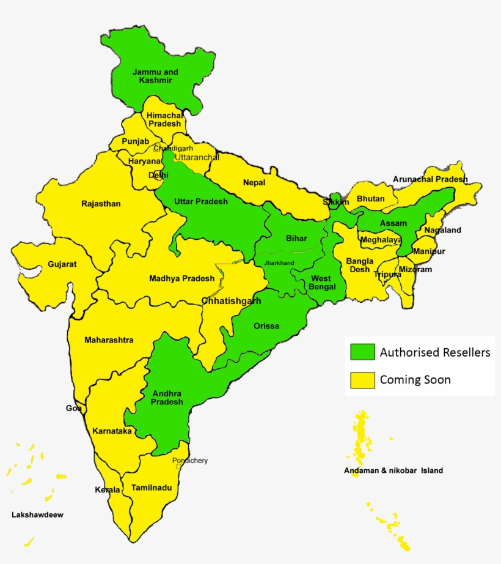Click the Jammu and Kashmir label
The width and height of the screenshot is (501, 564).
pyautogui.click(x=156, y=76)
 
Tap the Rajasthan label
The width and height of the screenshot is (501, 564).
pyautogui.click(x=101, y=204)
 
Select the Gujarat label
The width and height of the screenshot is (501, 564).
pyautogui.click(x=62, y=264)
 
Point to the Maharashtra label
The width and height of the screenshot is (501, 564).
pyautogui.click(x=109, y=340)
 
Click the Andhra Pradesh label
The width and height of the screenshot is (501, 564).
pyautogui.click(x=167, y=398)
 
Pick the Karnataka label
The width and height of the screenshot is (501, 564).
pyautogui.click(x=112, y=431)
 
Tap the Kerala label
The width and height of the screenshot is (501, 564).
pyautogui.click(x=108, y=490)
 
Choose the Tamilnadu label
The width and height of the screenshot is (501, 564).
pyautogui.click(x=152, y=488)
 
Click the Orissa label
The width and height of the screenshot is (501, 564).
pyautogui.click(x=266, y=326)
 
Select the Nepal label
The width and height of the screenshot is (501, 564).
pyautogui.click(x=254, y=182)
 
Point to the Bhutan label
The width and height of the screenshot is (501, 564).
pyautogui.click(x=371, y=199)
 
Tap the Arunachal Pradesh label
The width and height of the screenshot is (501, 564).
pyautogui.click(x=430, y=179)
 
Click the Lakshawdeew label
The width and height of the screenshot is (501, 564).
pyautogui.click(x=37, y=514)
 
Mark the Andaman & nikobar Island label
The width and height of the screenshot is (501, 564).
pyautogui.click(x=393, y=470)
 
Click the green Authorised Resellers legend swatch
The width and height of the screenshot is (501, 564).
pyautogui.click(x=362, y=352)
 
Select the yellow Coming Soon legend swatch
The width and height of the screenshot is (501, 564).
pyautogui.click(x=362, y=380)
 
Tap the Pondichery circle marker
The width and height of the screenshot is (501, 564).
pyautogui.click(x=178, y=466)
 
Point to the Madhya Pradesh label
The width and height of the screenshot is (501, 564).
pyautogui.click(x=182, y=278)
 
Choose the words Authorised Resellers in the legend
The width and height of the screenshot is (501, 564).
pyautogui.click(x=435, y=352)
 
